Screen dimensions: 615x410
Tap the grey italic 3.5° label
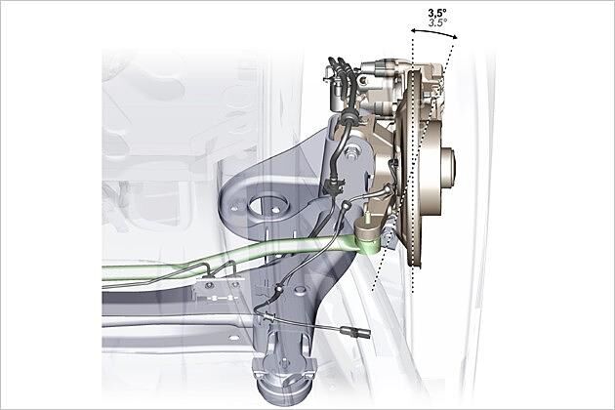tap(437, 22)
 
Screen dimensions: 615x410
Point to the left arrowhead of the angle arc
tap(413, 30)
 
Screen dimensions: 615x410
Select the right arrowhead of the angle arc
tap(454, 37)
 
